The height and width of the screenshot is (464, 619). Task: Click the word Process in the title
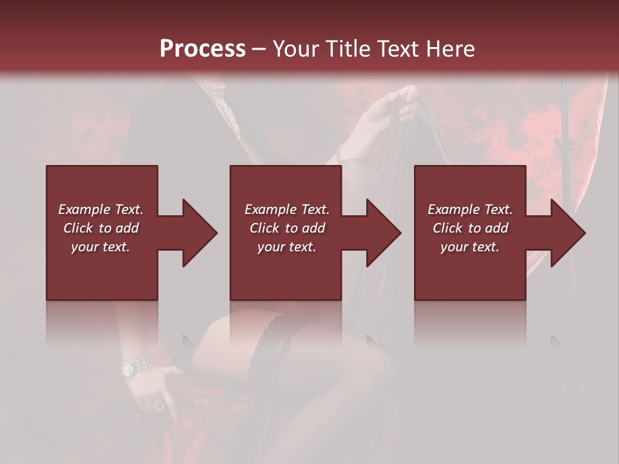tap(202, 49)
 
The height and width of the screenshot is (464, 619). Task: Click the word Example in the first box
tap(84, 209)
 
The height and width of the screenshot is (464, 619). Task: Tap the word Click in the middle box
tap(264, 228)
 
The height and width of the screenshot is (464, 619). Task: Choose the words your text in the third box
tap(469, 247)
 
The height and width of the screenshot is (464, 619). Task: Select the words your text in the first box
tap(101, 247)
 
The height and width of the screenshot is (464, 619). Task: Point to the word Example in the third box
tap(453, 209)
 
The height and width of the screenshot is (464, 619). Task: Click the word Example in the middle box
tap(270, 209)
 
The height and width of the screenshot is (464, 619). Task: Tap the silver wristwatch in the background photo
tap(129, 369)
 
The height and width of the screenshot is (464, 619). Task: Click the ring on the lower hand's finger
tap(159, 405)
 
